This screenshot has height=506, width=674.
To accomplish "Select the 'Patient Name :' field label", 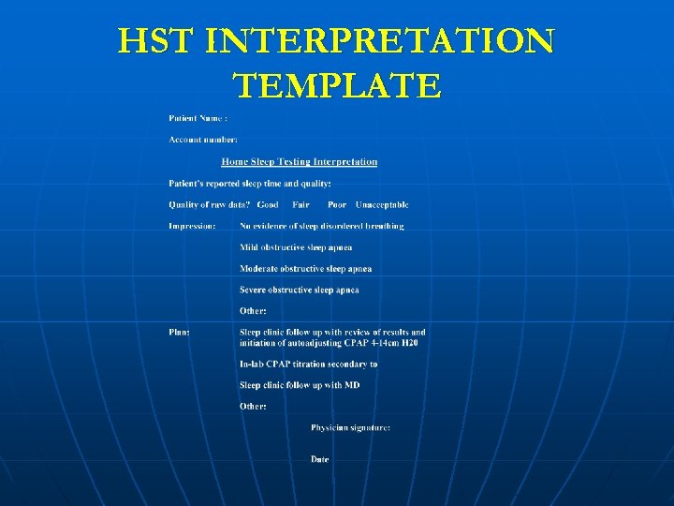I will tap(198, 118).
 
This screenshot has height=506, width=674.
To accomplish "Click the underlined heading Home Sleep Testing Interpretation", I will tap(300, 161).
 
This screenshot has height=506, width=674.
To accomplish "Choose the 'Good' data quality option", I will tap(268, 204).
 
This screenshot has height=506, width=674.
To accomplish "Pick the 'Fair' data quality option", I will tap(300, 204).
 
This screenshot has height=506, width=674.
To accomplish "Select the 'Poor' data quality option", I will tap(337, 204).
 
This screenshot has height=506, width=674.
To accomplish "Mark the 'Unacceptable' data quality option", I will tap(382, 204).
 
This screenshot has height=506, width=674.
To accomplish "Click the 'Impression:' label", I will tap(192, 226).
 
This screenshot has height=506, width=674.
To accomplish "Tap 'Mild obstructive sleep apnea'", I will tap(296, 247).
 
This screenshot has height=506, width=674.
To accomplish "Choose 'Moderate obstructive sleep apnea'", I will tap(305, 269).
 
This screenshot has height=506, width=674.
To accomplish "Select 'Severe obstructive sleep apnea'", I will tap(300, 290).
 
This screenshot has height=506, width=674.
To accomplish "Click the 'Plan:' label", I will tap(179, 332).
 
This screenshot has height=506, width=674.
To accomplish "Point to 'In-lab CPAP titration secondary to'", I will tap(308, 364).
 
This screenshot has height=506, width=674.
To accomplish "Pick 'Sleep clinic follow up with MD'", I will tap(300, 385).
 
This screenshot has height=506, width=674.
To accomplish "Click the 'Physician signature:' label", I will tap(351, 427).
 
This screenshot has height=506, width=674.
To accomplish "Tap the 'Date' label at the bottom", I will tap(320, 459).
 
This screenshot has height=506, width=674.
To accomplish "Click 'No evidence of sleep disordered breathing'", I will tap(322, 226).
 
